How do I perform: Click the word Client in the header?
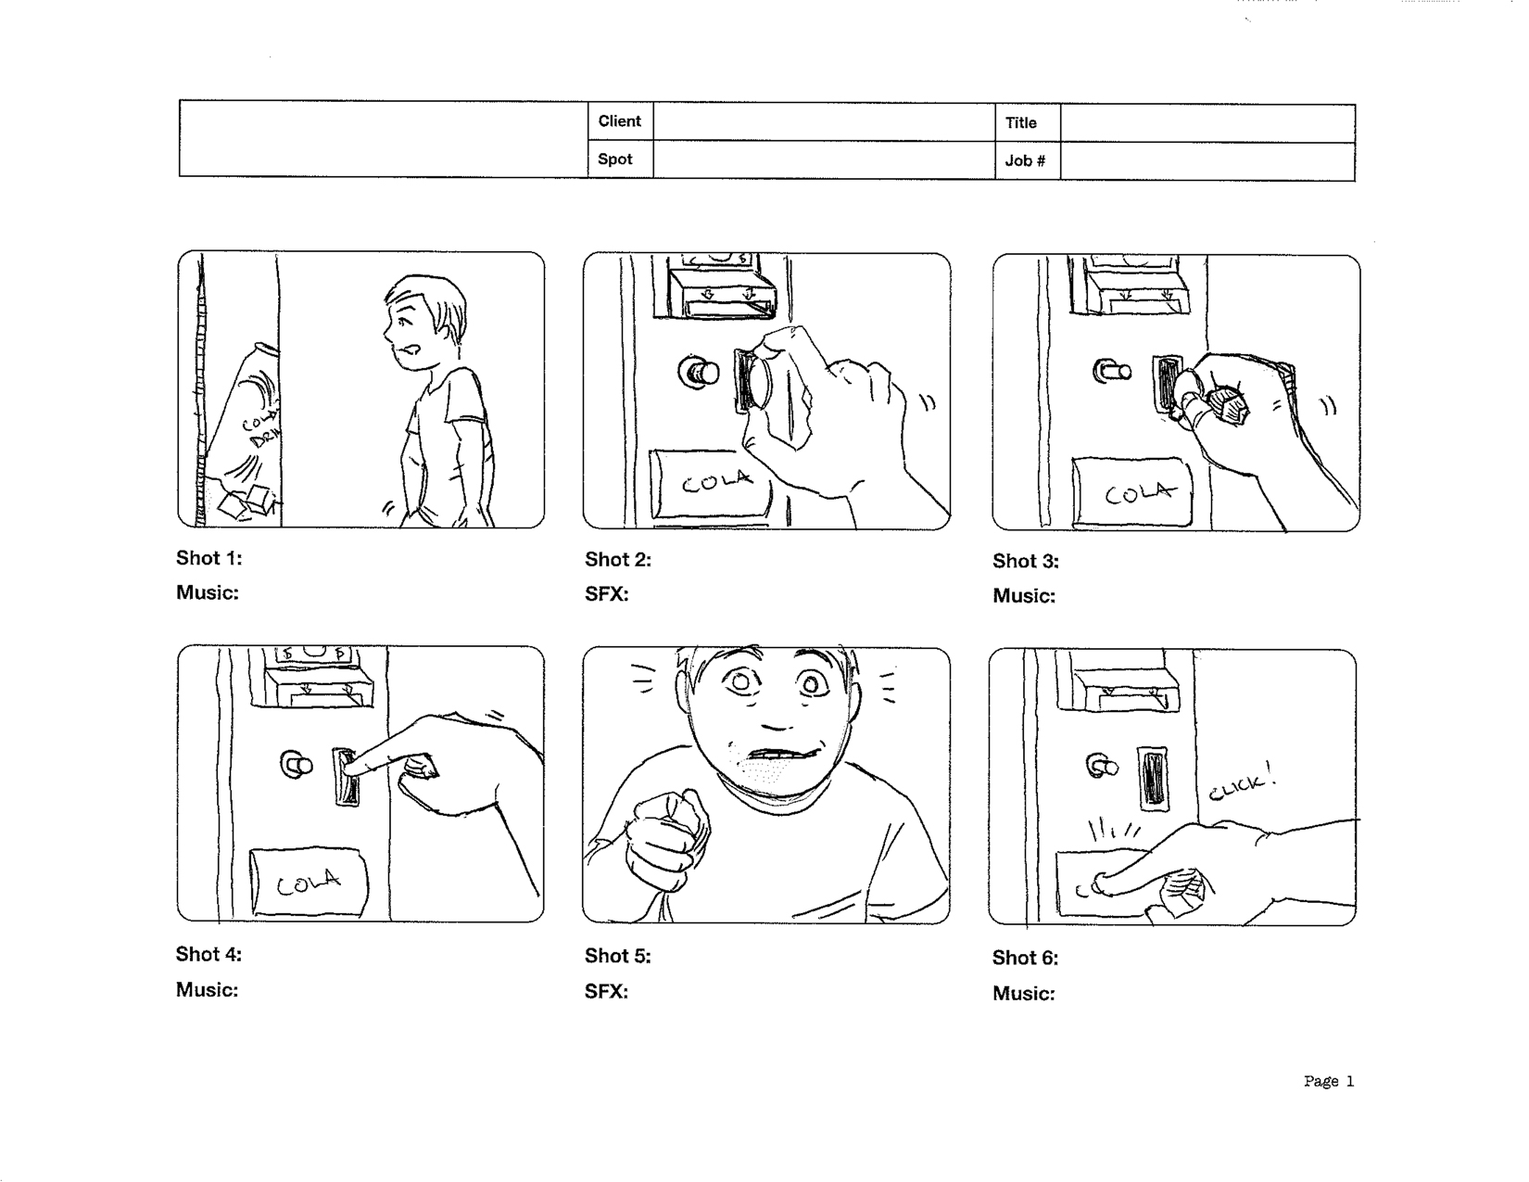point(619,121)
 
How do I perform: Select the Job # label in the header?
point(1025,160)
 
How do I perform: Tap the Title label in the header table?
point(1020,122)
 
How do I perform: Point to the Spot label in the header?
point(614,159)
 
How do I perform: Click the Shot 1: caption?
point(208,558)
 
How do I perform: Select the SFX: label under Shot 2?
point(606,594)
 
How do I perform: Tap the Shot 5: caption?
point(617,956)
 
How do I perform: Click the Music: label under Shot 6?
point(1023,994)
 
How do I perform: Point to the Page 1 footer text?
point(1328,1081)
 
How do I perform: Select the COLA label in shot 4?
point(309,883)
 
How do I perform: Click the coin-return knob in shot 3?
point(1111,373)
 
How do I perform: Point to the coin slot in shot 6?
point(1152,776)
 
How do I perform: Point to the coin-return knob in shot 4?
point(297,766)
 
